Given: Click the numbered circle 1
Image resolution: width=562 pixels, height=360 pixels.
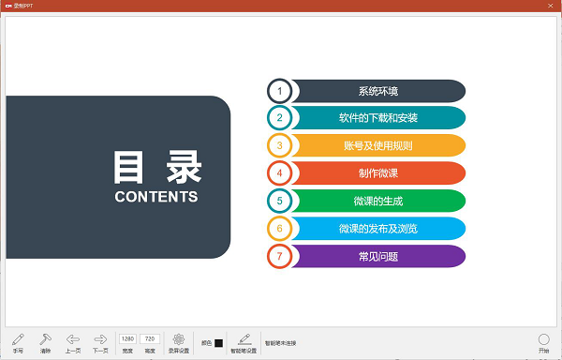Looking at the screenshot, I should tap(279, 91).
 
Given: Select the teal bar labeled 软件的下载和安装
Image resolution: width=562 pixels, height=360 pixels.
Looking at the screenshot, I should tap(377, 118).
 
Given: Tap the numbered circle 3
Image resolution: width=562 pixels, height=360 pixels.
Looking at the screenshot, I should tap(279, 145).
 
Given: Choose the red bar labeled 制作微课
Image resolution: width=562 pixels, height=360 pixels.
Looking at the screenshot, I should tap(377, 173).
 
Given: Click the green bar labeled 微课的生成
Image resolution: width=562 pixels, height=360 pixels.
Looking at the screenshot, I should tap(377, 201).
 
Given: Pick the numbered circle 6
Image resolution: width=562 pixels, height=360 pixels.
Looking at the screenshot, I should tap(279, 228).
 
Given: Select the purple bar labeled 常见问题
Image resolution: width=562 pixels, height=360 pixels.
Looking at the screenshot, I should tap(377, 256).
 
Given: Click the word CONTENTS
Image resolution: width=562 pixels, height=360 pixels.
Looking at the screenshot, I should tap(156, 197).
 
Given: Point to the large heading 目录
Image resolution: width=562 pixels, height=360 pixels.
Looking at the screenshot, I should tap(156, 167).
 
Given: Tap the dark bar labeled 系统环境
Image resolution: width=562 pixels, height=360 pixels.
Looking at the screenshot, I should tap(377, 91).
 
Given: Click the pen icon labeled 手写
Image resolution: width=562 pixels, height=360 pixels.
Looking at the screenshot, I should tap(18, 339).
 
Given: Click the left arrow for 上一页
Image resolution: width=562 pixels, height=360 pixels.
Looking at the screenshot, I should tap(73, 339).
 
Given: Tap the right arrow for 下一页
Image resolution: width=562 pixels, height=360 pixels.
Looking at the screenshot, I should tap(100, 339).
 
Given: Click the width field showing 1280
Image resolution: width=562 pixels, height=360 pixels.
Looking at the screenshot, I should tap(128, 338).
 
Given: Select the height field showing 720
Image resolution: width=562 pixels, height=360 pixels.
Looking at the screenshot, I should tap(149, 338).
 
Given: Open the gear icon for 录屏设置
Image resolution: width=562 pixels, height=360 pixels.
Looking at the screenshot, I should tap(179, 339).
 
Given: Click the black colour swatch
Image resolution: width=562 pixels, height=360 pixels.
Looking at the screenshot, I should tap(218, 343).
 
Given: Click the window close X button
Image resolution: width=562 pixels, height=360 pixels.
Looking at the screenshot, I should tap(550, 6).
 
